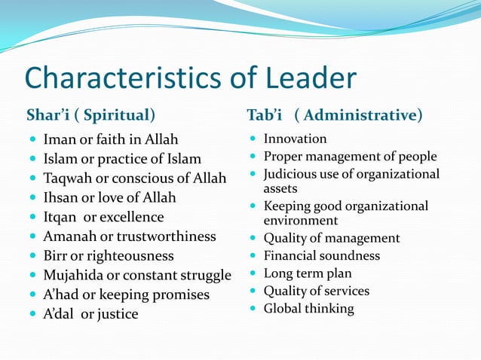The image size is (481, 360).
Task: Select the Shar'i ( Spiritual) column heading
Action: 90,115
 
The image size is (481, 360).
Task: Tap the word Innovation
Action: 295,139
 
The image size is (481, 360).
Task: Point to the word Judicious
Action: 292,174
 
